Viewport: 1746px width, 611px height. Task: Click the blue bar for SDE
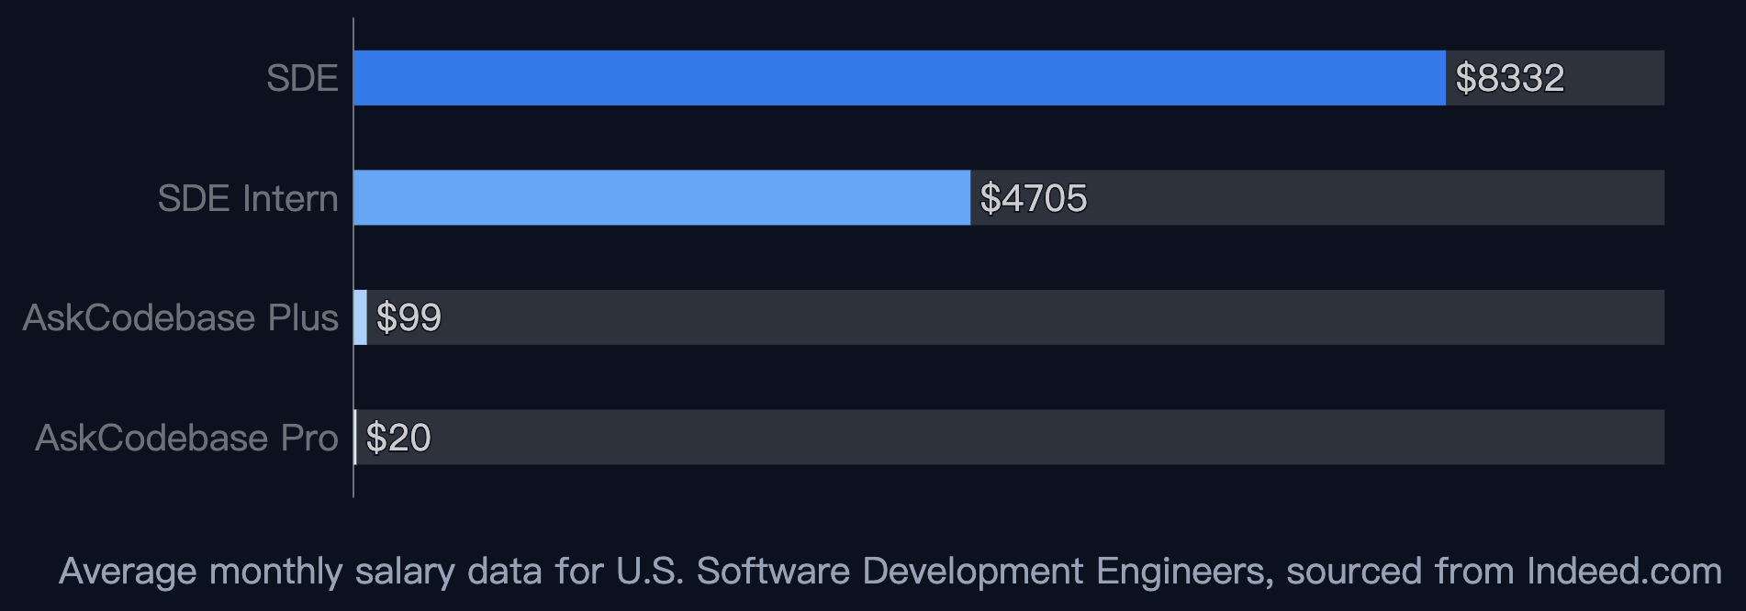point(900,78)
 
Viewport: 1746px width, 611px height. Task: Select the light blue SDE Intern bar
point(662,197)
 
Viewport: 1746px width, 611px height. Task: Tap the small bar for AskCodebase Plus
point(361,317)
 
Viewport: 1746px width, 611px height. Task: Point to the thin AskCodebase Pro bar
point(355,437)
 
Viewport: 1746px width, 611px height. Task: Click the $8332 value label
point(1510,78)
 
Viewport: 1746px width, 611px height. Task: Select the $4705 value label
point(1034,198)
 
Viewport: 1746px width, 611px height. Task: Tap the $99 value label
point(409,317)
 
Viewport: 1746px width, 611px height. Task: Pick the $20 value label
point(398,438)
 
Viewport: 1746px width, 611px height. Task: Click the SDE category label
point(302,78)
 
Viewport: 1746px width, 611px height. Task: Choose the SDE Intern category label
point(248,198)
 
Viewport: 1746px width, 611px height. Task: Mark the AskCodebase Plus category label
point(181,317)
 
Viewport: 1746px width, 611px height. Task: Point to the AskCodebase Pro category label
point(186,438)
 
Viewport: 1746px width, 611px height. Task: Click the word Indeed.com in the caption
point(1624,571)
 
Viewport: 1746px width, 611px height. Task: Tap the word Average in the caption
point(128,572)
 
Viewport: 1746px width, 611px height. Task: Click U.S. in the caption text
point(650,571)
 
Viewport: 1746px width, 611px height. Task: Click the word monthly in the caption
point(276,572)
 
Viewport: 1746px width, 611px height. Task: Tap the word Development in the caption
point(973,572)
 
